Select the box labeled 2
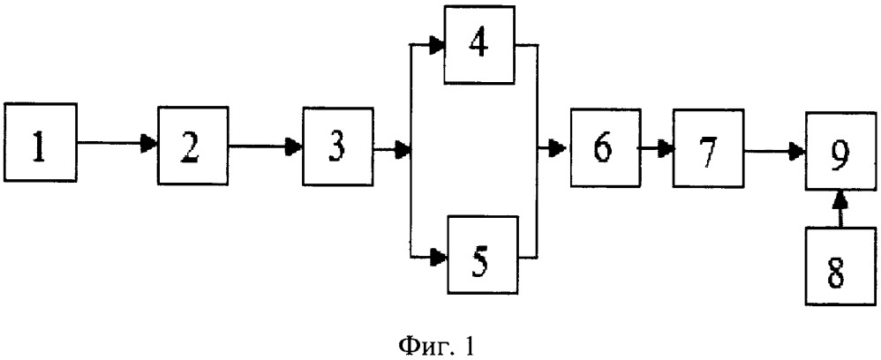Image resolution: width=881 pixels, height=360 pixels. [193, 145]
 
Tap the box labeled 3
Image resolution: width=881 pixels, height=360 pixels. [338, 146]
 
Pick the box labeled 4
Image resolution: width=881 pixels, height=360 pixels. [480, 45]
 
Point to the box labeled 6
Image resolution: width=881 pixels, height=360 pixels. [605, 147]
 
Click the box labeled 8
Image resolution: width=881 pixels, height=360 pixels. [840, 266]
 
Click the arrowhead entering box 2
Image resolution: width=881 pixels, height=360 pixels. [150, 144]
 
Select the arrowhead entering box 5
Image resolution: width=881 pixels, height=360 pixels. [440, 257]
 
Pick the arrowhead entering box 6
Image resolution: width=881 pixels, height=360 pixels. [559, 149]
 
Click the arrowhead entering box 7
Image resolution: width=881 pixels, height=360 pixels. [666, 149]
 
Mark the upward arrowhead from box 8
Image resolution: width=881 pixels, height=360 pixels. [841, 199]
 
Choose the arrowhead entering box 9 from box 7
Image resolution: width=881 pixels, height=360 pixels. [797, 151]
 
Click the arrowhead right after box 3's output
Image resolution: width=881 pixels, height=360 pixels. [403, 149]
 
